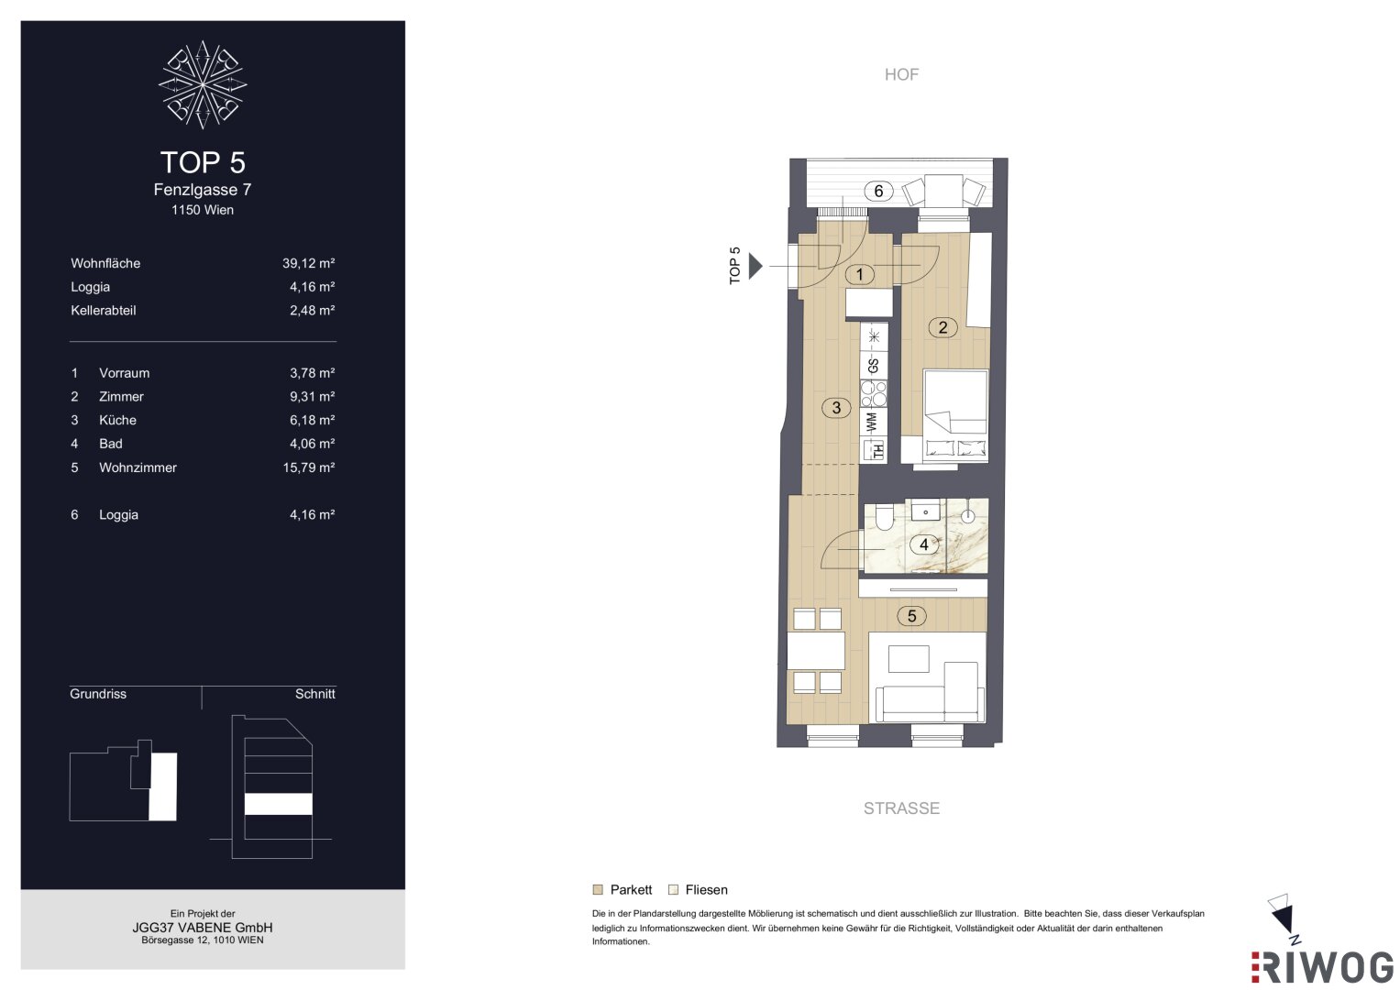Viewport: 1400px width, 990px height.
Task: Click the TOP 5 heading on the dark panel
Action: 203,162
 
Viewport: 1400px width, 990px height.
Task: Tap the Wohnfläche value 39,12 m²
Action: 308,263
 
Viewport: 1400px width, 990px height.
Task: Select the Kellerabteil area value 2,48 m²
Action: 312,311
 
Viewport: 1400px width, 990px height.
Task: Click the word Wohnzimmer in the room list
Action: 138,467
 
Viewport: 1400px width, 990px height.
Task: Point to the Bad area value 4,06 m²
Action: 312,444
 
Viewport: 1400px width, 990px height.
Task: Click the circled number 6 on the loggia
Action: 878,191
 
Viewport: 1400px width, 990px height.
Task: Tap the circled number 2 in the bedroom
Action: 943,327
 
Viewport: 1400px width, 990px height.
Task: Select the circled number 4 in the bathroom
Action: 924,544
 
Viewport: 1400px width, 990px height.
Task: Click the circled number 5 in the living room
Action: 911,616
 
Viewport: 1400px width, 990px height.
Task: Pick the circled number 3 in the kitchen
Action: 836,408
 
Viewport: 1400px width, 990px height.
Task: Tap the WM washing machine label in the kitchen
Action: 873,422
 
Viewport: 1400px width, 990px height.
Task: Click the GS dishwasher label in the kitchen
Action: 873,366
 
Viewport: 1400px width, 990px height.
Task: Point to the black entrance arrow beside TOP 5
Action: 755,266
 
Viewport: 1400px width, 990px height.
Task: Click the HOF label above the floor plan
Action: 901,74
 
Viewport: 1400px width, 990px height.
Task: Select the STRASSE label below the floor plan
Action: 901,808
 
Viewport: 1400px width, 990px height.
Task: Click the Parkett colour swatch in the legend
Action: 598,889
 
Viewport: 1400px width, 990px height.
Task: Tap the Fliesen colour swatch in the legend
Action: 673,889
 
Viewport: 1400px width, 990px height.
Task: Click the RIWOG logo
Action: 1322,967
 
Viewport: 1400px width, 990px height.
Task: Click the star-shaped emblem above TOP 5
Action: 203,85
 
